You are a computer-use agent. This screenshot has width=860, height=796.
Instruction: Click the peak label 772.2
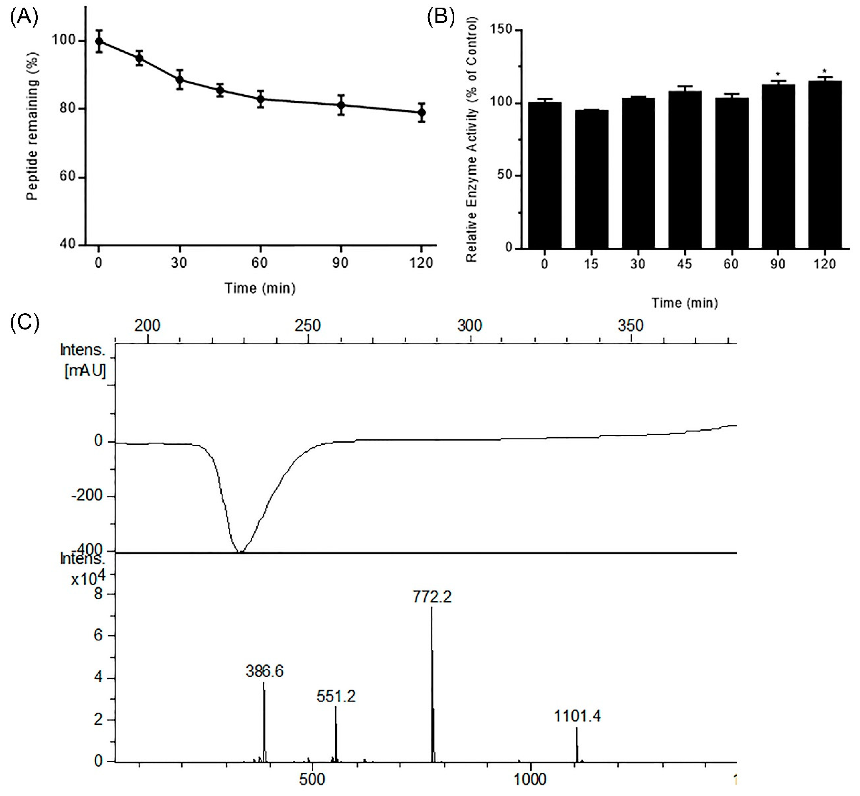click(x=432, y=597)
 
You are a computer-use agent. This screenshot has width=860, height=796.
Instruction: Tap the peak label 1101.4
click(x=577, y=716)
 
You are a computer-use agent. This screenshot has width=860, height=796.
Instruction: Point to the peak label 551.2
click(x=336, y=696)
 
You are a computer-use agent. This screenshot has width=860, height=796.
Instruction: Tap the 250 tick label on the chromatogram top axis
click(x=307, y=325)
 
